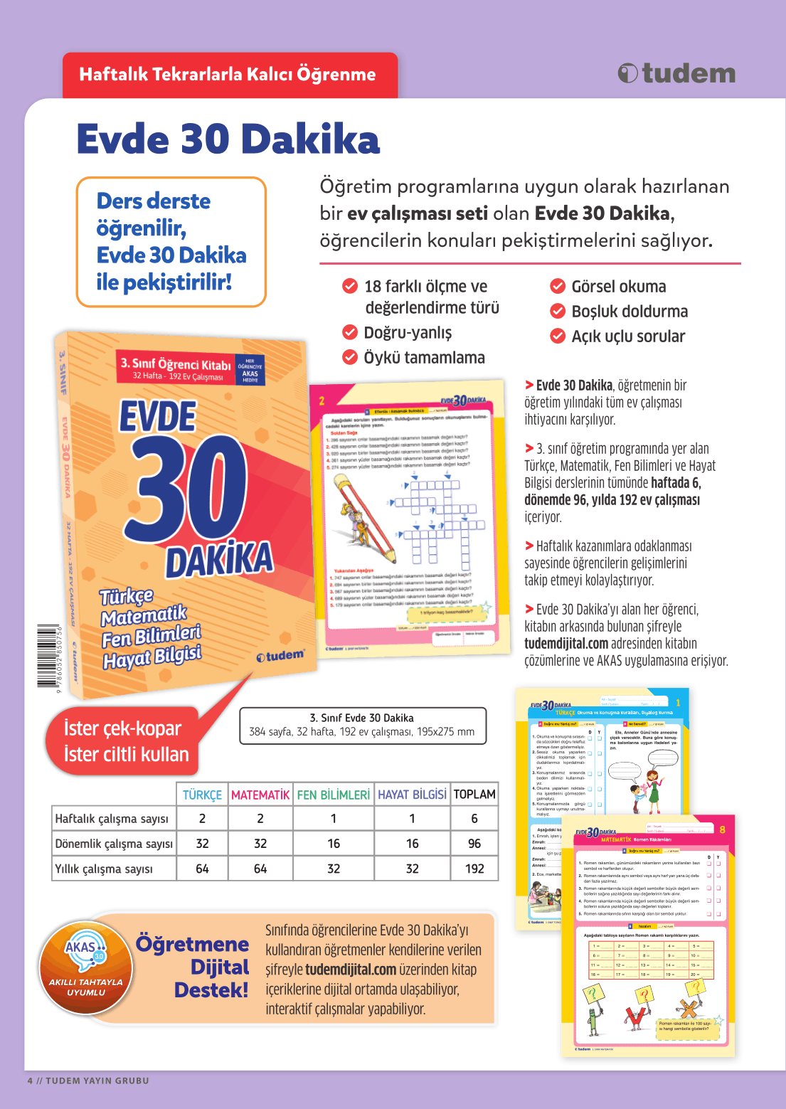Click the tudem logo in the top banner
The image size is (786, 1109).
676,73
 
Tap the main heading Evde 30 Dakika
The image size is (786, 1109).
228,139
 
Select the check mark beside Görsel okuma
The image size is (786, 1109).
558,287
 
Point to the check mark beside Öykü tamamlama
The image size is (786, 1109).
350,357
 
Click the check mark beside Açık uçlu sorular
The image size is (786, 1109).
558,336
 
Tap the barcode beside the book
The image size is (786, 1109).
49,656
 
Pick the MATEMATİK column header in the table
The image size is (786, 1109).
260,795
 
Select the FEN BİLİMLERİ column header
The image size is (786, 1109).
334,795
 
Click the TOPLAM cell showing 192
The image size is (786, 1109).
474,869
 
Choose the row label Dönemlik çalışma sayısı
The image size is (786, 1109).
114,844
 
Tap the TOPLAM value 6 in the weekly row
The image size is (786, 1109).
474,819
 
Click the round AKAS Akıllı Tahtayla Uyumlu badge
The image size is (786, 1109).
86,967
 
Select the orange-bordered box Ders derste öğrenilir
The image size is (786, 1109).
171,242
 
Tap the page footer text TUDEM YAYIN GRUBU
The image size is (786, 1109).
97,1081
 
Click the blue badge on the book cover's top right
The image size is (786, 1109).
250,371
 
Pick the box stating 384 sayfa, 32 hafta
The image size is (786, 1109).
362,725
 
